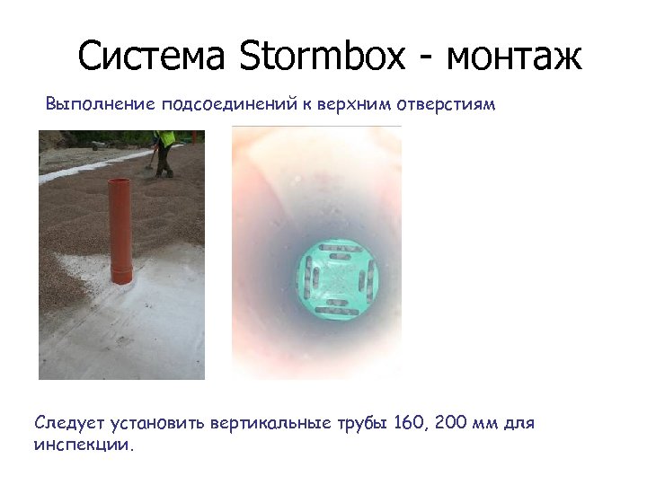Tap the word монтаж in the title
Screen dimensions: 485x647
click(x=513, y=57)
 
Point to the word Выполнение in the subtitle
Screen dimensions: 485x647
click(x=100, y=104)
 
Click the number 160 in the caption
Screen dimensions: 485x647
click(x=409, y=422)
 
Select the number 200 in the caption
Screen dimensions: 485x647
click(x=451, y=422)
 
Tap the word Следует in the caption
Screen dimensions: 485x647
click(x=71, y=423)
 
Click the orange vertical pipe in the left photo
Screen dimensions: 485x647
click(x=120, y=225)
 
